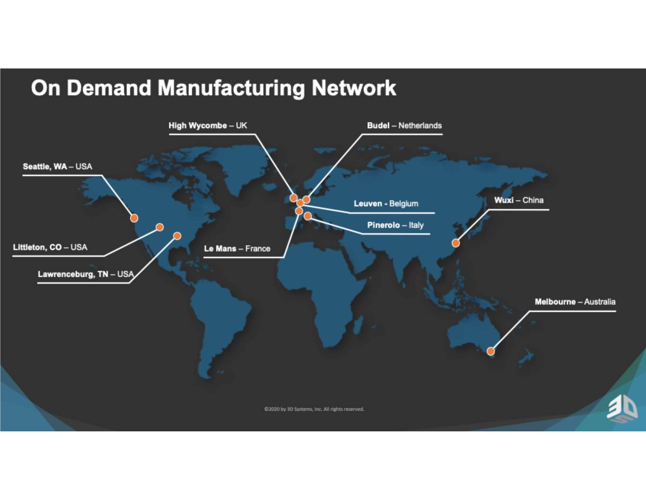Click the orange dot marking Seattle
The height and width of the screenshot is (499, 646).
[x=134, y=219]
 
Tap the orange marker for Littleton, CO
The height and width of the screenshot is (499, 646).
[x=159, y=227]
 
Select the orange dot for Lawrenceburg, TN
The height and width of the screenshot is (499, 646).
[x=177, y=236]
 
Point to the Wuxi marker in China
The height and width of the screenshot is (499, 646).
[x=456, y=243]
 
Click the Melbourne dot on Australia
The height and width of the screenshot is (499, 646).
[x=491, y=351]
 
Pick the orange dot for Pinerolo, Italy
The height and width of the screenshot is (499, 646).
[x=308, y=216]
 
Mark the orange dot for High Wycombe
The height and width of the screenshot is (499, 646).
[x=293, y=198]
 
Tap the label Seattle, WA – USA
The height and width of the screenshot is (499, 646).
[x=58, y=166]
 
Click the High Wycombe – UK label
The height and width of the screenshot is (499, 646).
[x=208, y=126]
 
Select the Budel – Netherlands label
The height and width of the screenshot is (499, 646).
[x=404, y=126]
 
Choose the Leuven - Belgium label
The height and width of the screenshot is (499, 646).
[x=386, y=203]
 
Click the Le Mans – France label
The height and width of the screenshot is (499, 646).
[x=237, y=249]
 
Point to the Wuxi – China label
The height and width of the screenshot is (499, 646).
[x=519, y=200]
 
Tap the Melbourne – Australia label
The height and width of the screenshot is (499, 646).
[x=575, y=302]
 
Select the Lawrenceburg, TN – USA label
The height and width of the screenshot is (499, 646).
[x=86, y=274]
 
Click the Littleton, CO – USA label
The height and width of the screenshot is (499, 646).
[x=50, y=247]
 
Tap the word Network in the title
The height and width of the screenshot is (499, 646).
[x=354, y=88]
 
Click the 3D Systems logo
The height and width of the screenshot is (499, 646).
[x=622, y=411]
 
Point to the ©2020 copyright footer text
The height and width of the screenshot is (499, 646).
[x=314, y=409]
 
